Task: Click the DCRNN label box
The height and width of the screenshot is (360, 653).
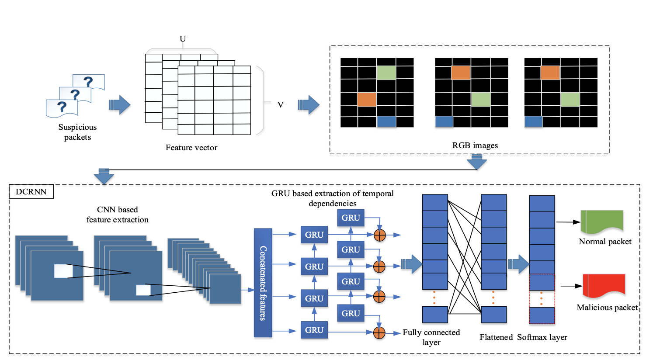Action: (x=31, y=192)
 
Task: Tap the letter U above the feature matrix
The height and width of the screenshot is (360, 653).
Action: (x=183, y=39)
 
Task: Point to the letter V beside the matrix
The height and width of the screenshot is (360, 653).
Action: (x=280, y=105)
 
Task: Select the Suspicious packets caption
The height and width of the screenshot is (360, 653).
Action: (x=77, y=132)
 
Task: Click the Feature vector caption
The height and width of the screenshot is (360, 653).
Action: (x=191, y=148)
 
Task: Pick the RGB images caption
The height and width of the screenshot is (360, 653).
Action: (x=475, y=145)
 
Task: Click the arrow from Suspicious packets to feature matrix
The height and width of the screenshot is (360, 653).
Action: (x=119, y=105)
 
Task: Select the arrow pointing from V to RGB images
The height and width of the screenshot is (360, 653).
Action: (x=309, y=105)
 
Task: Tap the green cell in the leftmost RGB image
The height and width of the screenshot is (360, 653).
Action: (x=386, y=73)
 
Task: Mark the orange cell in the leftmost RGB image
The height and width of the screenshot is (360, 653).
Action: (x=366, y=100)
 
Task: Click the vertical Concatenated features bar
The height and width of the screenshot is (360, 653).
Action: (x=263, y=283)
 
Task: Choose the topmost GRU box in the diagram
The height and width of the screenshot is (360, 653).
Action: (x=351, y=218)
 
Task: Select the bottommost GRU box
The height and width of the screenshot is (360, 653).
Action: (x=314, y=330)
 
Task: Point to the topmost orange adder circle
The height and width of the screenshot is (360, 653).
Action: (x=380, y=235)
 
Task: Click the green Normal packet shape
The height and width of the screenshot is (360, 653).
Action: (x=601, y=221)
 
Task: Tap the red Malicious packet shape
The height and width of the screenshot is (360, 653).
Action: (x=604, y=286)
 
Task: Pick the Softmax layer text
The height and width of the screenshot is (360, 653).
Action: (x=542, y=337)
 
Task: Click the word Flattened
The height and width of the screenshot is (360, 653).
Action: (x=496, y=337)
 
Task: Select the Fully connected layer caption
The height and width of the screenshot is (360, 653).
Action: (x=431, y=337)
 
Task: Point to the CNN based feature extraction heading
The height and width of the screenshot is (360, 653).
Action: (x=118, y=215)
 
